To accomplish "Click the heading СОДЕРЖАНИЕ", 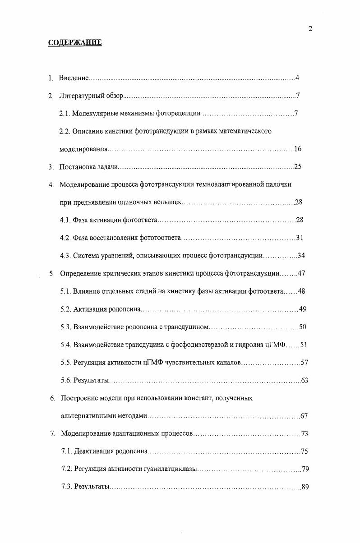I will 75,43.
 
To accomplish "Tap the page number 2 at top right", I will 310,29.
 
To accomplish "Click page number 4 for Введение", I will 297,78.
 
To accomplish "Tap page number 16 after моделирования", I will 297,149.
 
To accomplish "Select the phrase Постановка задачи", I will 88,167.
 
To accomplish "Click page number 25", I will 297,167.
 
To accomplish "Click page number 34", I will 301,256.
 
